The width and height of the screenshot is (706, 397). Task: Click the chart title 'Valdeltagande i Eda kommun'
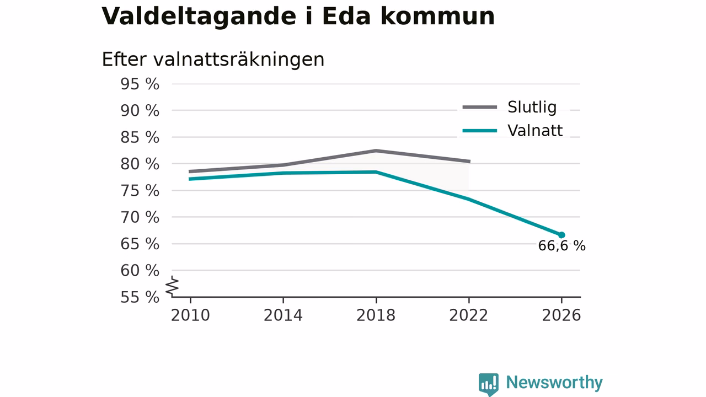pos(298,17)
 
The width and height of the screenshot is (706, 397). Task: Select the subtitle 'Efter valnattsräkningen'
pos(213,60)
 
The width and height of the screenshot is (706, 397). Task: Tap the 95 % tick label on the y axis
pos(140,84)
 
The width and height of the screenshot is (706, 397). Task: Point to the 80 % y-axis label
pos(140,164)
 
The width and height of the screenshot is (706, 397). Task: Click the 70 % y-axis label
pos(140,217)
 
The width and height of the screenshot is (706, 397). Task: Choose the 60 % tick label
pos(140,271)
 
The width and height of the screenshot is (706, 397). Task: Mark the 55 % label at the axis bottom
pos(140,297)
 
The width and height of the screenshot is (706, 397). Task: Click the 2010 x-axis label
pos(190,315)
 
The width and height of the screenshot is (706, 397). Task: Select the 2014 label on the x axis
pos(283,315)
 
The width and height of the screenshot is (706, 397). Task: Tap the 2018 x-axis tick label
pos(376,315)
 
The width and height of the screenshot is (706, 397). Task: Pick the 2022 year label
pos(468,315)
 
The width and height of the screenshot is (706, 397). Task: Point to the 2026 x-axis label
pos(561,315)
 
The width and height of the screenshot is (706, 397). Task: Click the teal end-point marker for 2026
pos(561,235)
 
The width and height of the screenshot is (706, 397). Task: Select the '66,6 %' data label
pos(561,246)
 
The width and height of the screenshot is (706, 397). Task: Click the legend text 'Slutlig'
pos(532,107)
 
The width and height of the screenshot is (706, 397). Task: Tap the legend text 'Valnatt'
pos(535,131)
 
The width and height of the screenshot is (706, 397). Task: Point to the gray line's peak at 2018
pos(376,151)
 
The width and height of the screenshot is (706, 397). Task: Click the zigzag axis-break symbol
pos(172,286)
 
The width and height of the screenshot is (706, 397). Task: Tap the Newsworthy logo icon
pos(489,384)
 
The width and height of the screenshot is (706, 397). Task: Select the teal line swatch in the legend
pos(480,131)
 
